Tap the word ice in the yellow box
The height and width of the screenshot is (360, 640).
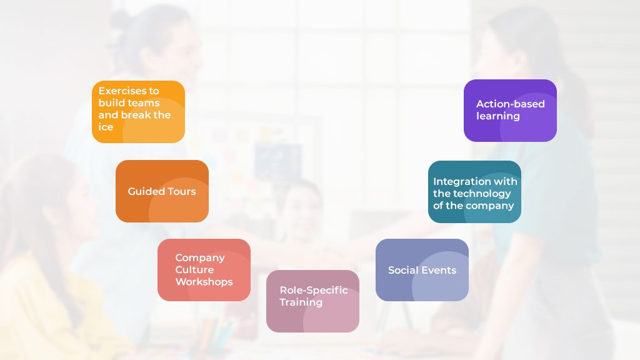(x=106, y=127)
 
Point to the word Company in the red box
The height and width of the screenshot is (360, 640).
(x=199, y=257)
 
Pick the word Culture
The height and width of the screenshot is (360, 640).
(x=194, y=269)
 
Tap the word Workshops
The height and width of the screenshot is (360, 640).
(x=204, y=282)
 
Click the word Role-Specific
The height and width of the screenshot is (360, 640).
(x=313, y=290)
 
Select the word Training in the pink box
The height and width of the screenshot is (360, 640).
(x=301, y=302)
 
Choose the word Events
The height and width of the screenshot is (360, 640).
(x=439, y=270)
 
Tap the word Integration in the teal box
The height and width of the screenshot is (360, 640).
(x=462, y=181)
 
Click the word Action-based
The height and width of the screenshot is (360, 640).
(x=510, y=104)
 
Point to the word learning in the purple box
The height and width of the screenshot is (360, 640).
(x=497, y=116)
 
